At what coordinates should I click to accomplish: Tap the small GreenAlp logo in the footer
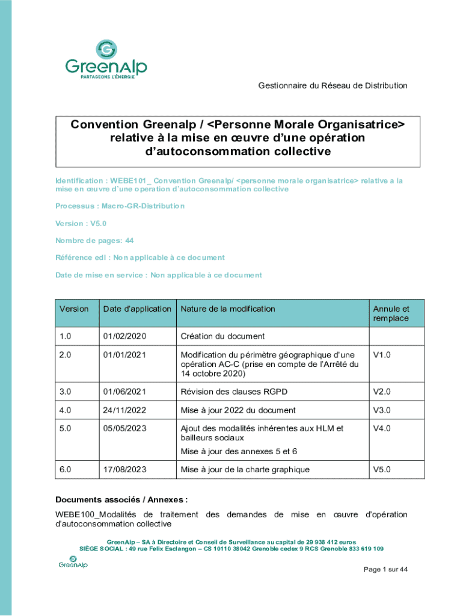tap(73, 562)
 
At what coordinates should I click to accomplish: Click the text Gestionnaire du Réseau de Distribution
tap(333, 85)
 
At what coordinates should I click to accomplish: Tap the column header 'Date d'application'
tap(137, 309)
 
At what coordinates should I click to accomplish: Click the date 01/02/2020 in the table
tap(124, 336)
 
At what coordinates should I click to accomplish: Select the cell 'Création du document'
tap(222, 336)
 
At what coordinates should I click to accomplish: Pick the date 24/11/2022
tap(124, 410)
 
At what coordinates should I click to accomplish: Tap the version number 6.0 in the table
tap(65, 469)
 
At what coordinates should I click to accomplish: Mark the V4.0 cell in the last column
tap(382, 428)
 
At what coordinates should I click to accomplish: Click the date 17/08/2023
tap(124, 469)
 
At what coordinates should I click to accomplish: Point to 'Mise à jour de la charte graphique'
tap(245, 469)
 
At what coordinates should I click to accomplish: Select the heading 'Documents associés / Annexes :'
tap(121, 499)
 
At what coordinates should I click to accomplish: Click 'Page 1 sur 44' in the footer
tap(386, 570)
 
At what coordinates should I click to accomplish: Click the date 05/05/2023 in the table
tap(124, 428)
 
